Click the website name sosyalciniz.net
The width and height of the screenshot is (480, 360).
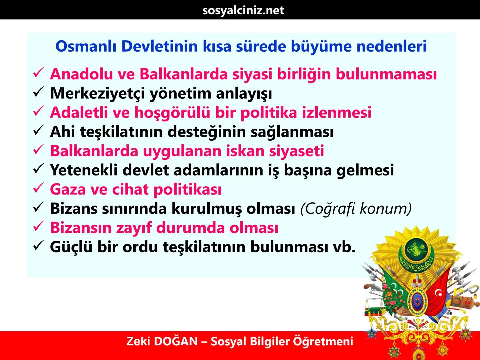click(243, 10)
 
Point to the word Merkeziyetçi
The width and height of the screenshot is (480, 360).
click(97, 94)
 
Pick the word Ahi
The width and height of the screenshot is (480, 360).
click(62, 132)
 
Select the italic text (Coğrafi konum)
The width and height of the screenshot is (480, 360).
click(356, 209)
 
